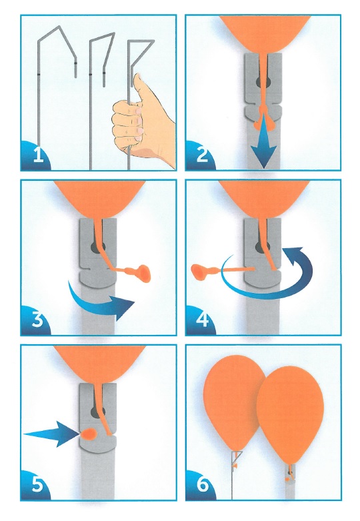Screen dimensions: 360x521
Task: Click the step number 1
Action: pos(39,155)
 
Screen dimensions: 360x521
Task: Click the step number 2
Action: pos(202,155)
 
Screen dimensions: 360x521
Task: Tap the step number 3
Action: pos(37,320)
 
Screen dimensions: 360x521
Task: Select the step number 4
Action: pos(202,320)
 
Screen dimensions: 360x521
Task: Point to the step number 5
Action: pos(37,485)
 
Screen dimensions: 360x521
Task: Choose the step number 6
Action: pos(202,485)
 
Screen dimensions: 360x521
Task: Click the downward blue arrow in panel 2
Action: pos(264,142)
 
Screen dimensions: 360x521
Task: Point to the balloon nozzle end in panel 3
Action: pos(145,272)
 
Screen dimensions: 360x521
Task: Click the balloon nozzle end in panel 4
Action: pos(199,271)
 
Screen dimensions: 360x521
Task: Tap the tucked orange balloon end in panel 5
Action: pos(89,434)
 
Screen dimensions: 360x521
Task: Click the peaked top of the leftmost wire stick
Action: pos(59,27)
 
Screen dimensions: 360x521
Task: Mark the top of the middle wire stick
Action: pos(102,36)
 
